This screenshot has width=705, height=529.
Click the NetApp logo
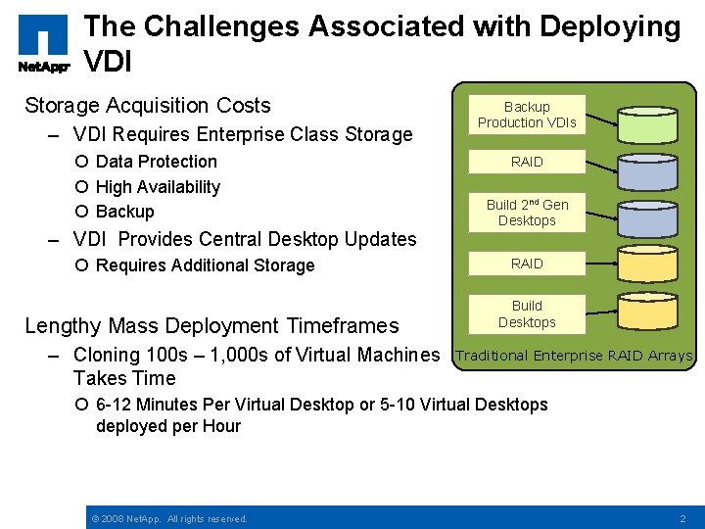click(x=43, y=43)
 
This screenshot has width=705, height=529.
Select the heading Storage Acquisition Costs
click(x=147, y=105)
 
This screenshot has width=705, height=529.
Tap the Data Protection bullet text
click(x=156, y=162)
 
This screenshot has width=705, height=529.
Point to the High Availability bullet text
click(x=158, y=186)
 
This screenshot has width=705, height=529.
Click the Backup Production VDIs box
click(x=527, y=115)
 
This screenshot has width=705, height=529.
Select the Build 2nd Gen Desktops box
click(x=527, y=213)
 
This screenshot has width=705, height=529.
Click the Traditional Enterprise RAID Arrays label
click(x=574, y=356)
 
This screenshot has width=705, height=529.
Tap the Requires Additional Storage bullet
click(x=205, y=265)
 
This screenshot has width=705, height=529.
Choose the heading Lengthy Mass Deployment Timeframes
click(x=211, y=325)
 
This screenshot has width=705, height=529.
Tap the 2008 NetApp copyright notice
click(x=168, y=518)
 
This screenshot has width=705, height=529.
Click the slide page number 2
click(x=683, y=517)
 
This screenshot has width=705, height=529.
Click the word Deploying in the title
click(x=612, y=26)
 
